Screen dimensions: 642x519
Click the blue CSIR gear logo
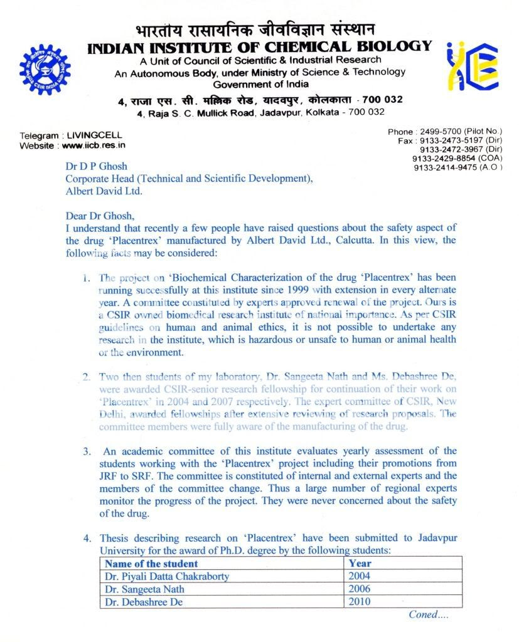[45, 70]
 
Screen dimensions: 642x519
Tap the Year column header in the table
[360, 564]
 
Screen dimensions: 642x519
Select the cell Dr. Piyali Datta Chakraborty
[167, 576]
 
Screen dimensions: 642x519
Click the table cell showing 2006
[360, 589]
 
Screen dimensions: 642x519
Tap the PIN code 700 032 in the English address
[367, 112]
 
